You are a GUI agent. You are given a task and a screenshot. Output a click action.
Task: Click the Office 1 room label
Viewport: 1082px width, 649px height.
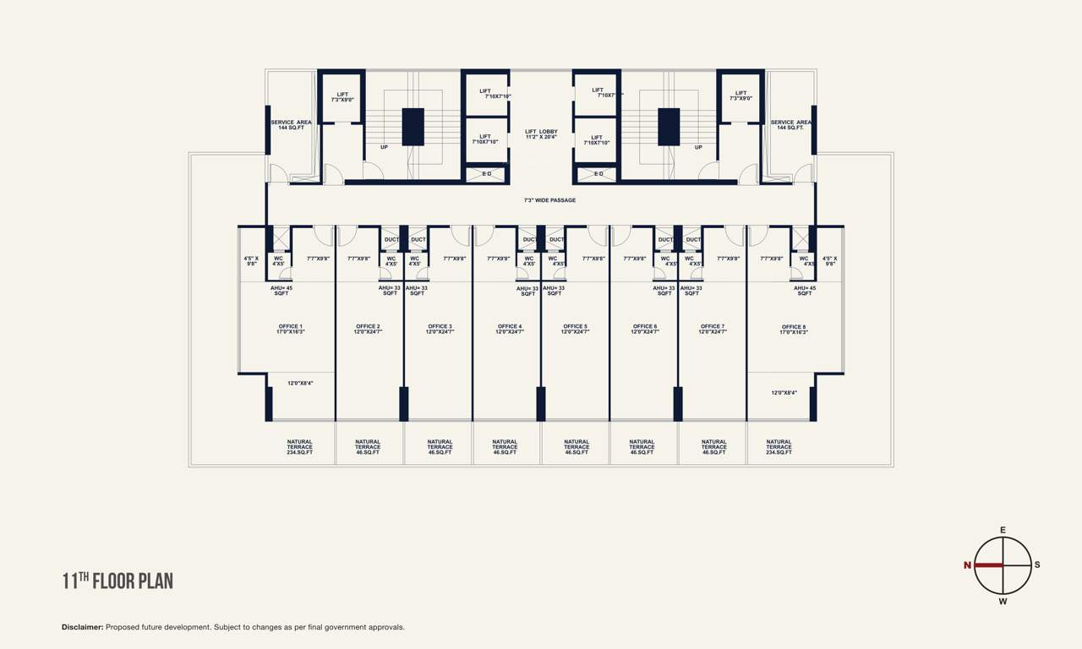pos(290,329)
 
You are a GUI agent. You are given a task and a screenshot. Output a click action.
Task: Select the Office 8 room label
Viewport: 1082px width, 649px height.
pos(794,330)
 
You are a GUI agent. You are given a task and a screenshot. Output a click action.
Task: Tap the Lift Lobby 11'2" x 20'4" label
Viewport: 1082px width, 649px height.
pos(541,134)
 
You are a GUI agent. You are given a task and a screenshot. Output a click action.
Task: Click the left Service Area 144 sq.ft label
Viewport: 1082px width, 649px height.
pos(291,125)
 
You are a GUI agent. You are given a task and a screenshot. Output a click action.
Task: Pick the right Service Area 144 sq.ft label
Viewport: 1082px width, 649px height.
pos(790,125)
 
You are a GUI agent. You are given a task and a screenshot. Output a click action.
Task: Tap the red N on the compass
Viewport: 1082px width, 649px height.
pos(967,565)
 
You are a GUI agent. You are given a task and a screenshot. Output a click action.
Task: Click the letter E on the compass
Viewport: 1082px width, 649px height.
pos(1003,530)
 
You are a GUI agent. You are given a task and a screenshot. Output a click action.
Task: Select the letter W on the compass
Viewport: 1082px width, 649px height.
pos(1003,602)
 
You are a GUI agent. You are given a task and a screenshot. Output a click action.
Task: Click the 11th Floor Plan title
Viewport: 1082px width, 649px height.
pos(117,581)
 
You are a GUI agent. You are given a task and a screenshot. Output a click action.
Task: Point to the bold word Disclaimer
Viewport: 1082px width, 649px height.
pos(82,627)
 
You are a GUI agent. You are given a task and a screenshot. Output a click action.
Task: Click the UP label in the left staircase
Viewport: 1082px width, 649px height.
pos(384,147)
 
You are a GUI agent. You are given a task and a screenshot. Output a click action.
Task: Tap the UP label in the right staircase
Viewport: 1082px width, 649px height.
pos(698,147)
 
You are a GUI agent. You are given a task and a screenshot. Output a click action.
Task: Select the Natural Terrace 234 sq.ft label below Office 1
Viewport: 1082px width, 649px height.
pos(299,447)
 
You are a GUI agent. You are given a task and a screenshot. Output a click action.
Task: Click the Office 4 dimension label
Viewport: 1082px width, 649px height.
pos(509,332)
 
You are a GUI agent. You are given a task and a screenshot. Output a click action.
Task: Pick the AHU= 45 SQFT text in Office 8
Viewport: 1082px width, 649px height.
pos(805,291)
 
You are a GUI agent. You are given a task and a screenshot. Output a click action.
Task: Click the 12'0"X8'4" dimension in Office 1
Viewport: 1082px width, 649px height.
pos(300,384)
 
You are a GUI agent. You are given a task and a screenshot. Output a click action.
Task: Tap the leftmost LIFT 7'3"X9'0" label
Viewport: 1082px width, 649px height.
pos(342,97)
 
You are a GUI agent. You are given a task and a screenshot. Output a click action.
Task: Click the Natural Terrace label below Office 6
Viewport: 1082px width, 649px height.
pos(642,447)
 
